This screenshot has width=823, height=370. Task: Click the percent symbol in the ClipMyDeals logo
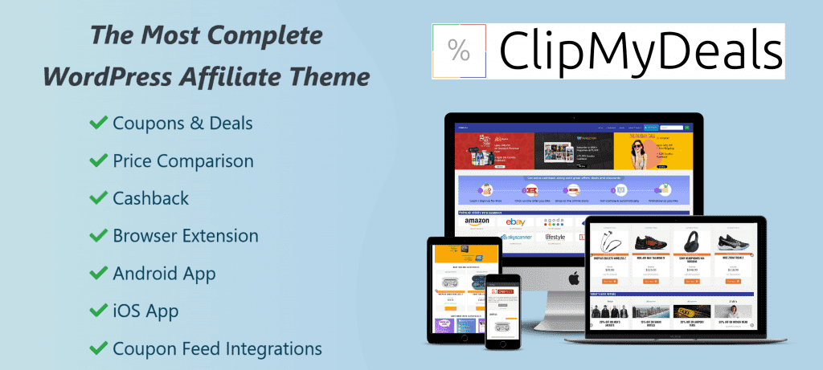[459, 51]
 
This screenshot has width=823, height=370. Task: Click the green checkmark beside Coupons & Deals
[98, 123]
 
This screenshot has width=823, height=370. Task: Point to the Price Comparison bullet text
[182, 161]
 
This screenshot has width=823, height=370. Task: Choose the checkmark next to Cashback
[98, 198]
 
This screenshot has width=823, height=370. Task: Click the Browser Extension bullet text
[185, 236]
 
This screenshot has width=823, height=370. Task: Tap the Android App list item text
[164, 274]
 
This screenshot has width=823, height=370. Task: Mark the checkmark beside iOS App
[98, 311]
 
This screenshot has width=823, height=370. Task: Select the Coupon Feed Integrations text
[217, 349]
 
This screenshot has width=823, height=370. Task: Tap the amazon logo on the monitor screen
[477, 222]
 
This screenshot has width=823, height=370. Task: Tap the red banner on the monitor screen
[494, 151]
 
